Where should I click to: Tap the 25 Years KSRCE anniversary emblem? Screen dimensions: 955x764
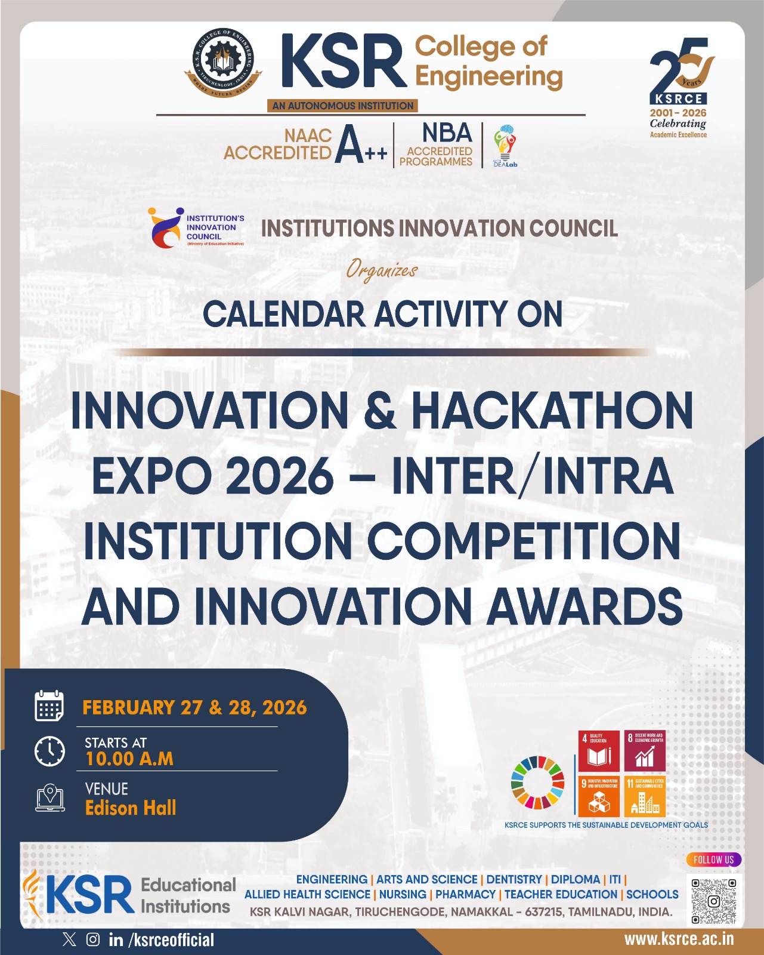point(679,87)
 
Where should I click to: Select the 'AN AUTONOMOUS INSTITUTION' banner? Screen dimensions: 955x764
point(343,106)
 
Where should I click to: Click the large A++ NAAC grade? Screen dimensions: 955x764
point(360,145)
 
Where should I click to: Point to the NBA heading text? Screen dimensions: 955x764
point(447,133)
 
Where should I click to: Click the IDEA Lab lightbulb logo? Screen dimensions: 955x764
point(505,145)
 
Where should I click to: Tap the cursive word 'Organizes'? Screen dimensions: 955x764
point(382,270)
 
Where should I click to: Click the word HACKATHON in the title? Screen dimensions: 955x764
point(552,411)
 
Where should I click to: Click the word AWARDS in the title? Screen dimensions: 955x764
point(585,607)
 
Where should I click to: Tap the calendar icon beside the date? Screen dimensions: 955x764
point(49,706)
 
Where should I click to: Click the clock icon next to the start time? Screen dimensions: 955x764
point(50,751)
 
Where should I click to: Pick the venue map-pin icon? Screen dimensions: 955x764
point(50,797)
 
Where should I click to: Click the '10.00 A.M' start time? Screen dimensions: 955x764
point(129,759)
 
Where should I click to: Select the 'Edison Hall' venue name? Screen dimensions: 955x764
point(131,808)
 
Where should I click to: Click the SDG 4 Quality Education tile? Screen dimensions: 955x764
point(599,751)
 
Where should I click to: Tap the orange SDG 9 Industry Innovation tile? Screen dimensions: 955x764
point(599,796)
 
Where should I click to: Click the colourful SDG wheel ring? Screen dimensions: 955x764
point(537,782)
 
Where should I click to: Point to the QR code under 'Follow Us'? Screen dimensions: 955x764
point(713,901)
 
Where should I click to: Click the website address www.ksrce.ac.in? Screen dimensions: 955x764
point(679,939)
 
